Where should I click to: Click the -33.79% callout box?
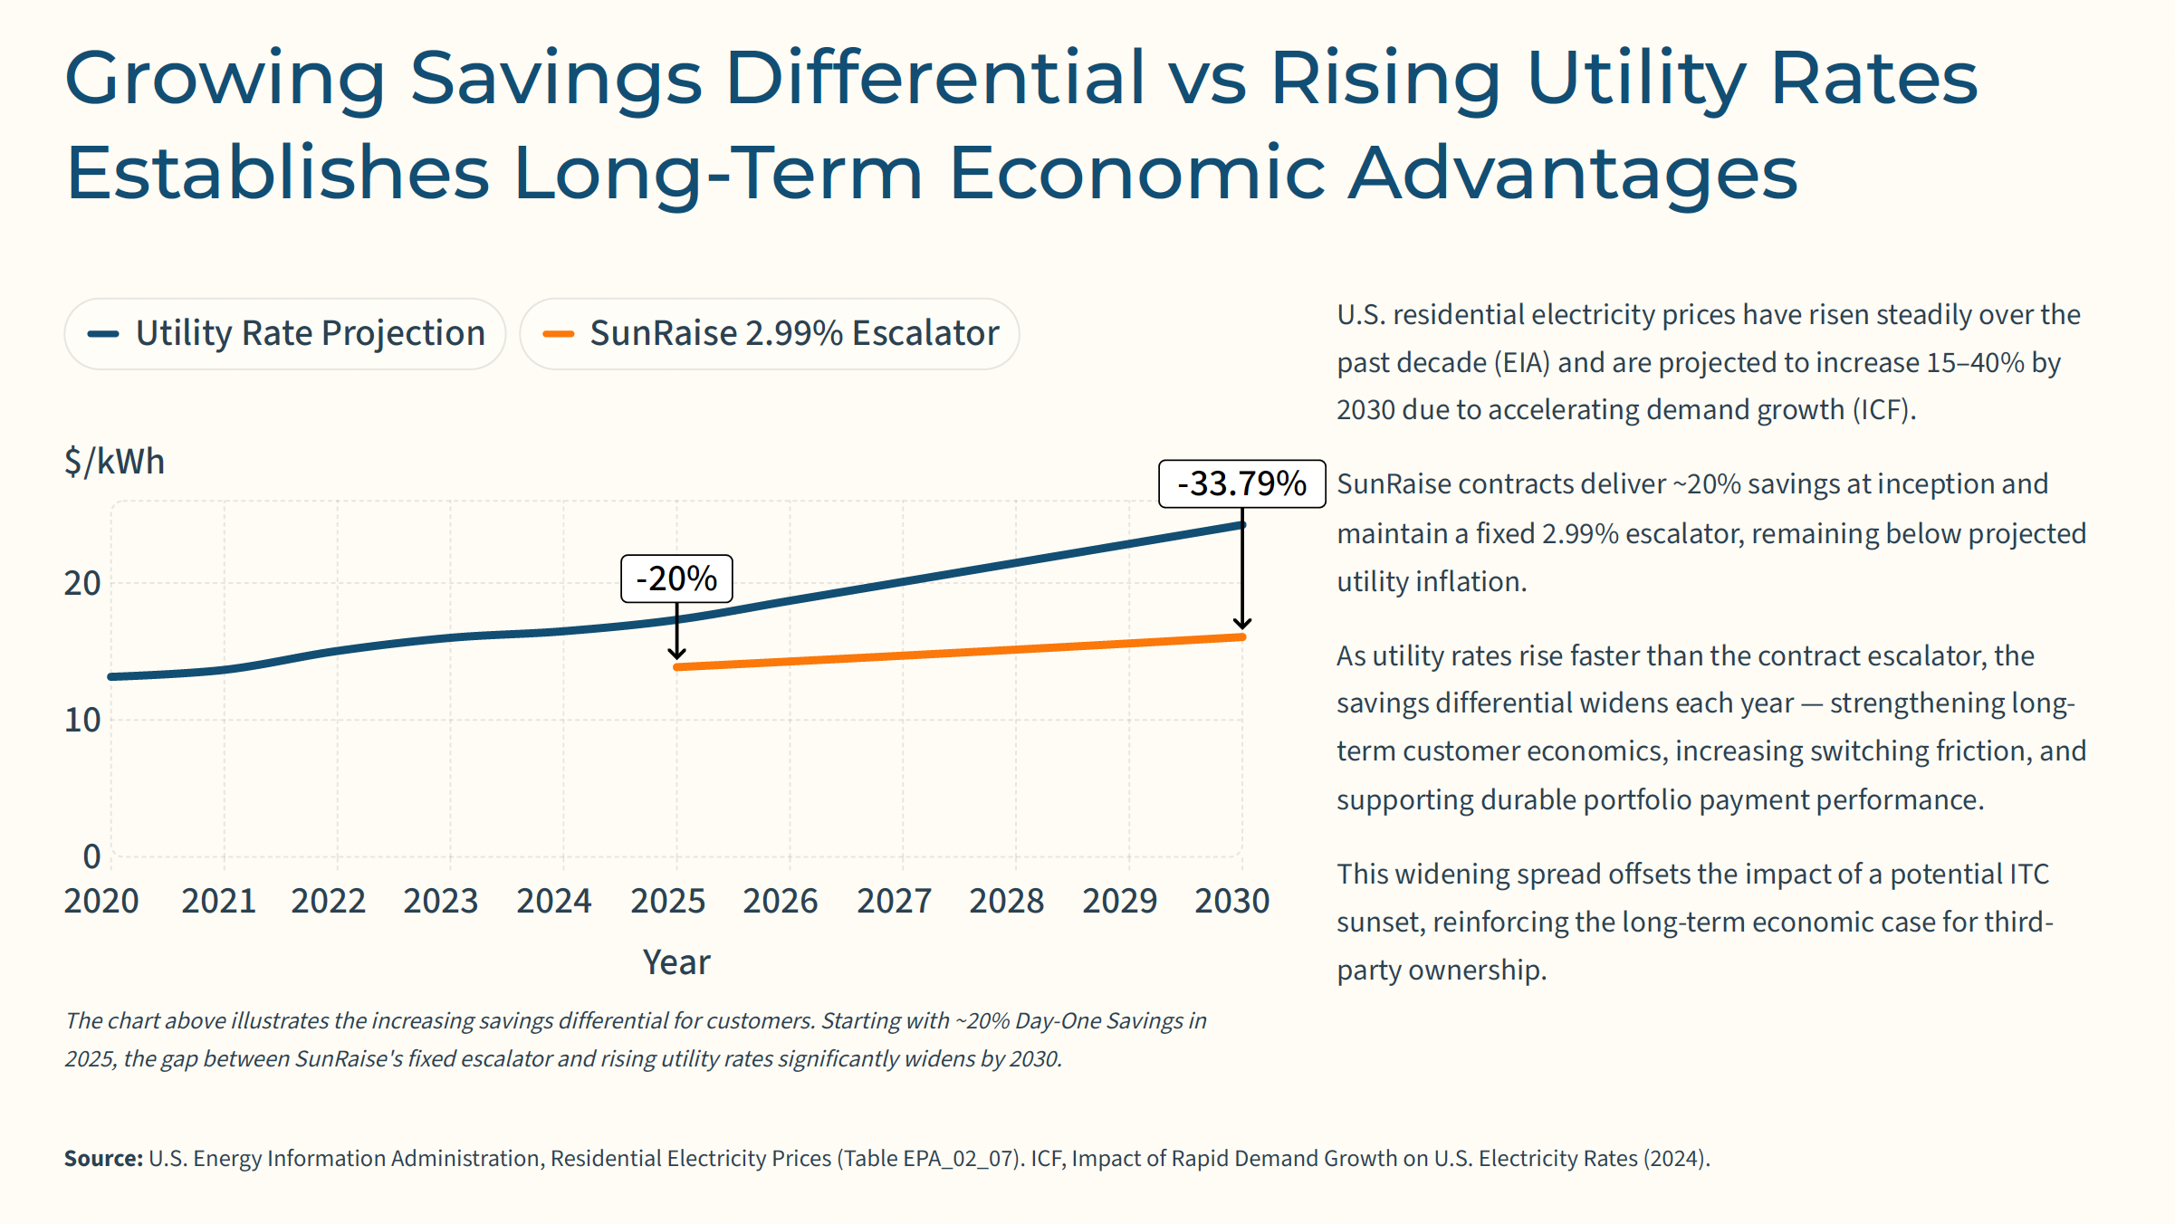(x=1241, y=483)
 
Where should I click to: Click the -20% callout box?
(x=676, y=579)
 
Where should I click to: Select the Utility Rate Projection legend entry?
(x=284, y=334)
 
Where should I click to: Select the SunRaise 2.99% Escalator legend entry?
(x=770, y=334)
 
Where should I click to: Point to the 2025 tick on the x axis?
(x=667, y=901)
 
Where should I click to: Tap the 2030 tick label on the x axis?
(x=1231, y=901)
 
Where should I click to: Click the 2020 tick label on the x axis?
(x=101, y=901)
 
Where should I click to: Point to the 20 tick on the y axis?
(x=82, y=584)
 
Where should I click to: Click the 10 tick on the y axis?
(x=82, y=721)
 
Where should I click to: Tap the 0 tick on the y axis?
(x=91, y=856)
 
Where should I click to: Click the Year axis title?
(x=676, y=962)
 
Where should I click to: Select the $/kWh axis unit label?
(x=114, y=462)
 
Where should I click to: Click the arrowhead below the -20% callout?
(x=676, y=653)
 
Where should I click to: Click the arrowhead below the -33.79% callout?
(x=1242, y=623)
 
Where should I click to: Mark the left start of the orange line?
(x=677, y=667)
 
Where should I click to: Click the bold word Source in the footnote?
(x=103, y=1159)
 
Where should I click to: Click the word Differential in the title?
(x=934, y=78)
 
